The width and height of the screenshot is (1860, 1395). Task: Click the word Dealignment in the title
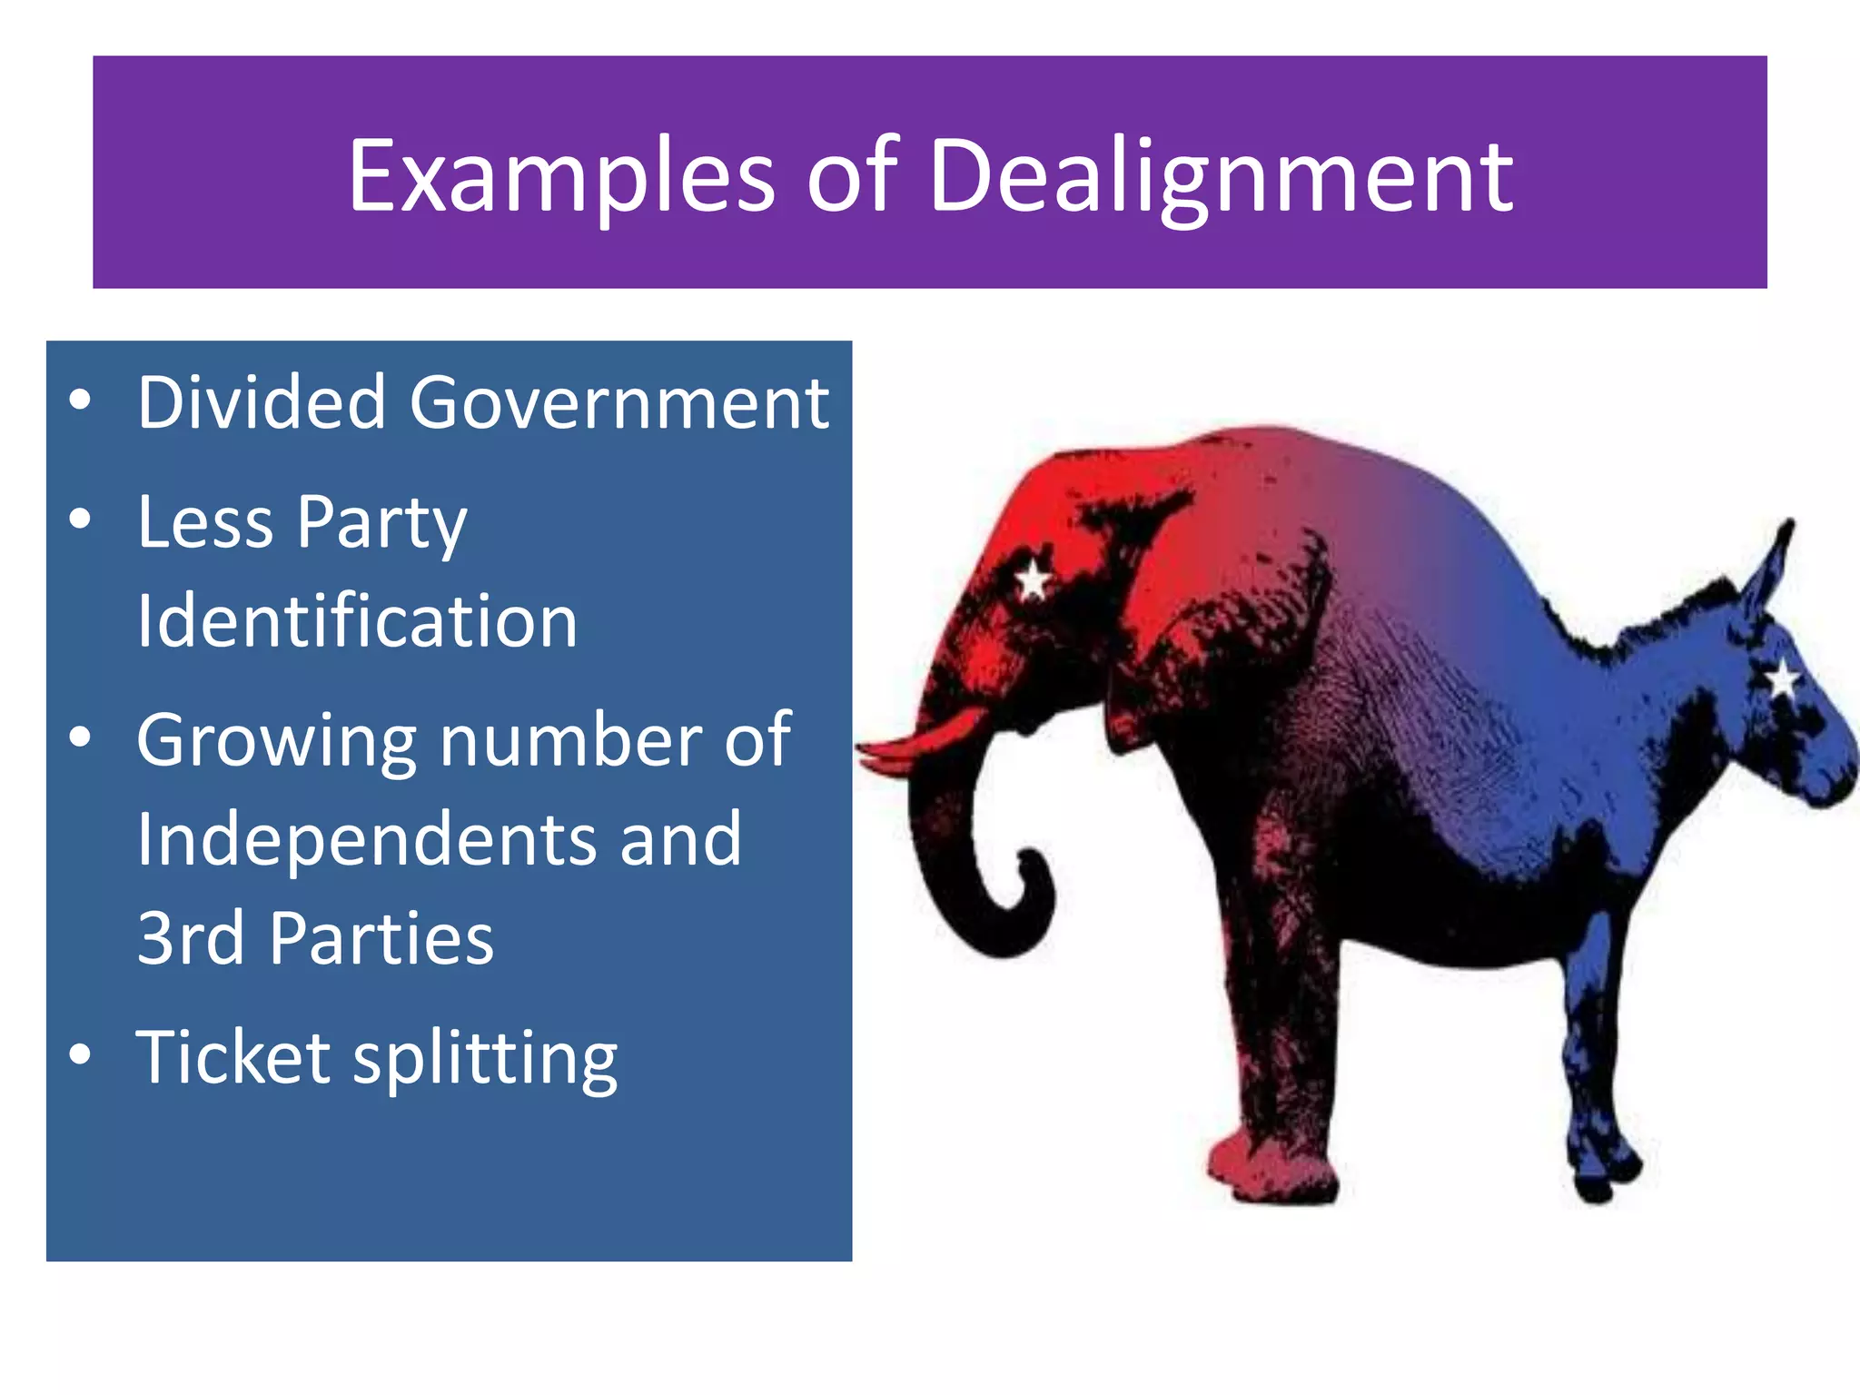[x=1221, y=178]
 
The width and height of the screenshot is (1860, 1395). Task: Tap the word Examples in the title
[x=561, y=178]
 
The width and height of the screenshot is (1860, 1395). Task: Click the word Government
[x=619, y=404]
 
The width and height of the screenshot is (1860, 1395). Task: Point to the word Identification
[x=357, y=621]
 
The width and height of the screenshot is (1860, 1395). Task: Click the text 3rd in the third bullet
[x=190, y=938]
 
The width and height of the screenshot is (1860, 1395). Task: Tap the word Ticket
[x=233, y=1057]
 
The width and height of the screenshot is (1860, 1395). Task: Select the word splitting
[x=485, y=1061]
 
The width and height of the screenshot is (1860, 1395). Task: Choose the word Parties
[x=381, y=938]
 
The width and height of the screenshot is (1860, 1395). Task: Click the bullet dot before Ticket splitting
[x=80, y=1054]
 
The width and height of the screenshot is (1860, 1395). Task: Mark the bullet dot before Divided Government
[x=80, y=400]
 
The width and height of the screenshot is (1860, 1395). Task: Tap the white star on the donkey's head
[x=1783, y=678]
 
